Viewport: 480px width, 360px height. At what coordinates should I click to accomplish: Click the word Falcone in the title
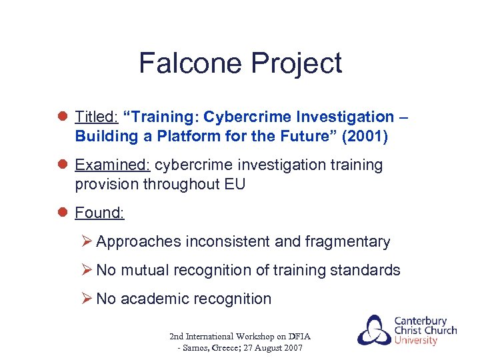click(191, 63)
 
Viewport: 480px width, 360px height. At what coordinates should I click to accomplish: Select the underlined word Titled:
click(97, 117)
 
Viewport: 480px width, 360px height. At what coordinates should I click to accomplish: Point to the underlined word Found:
click(99, 213)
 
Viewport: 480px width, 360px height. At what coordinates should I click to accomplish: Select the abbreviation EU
click(234, 184)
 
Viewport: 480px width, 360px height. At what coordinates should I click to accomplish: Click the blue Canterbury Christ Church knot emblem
click(374, 331)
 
